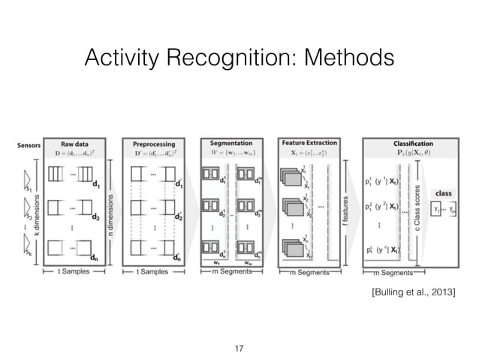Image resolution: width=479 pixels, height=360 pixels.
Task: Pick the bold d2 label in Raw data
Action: pyautogui.click(x=96, y=219)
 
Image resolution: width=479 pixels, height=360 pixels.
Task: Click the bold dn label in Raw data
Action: pyautogui.click(x=96, y=256)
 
